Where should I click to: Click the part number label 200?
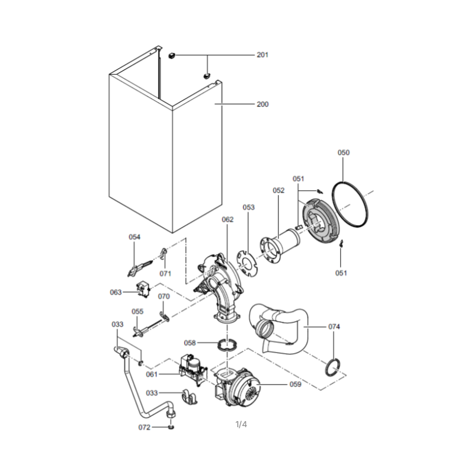(262, 104)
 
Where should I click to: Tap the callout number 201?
(262, 55)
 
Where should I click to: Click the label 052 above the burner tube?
(278, 190)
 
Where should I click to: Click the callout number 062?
(228, 219)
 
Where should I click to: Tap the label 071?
(165, 274)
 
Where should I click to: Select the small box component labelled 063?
(143, 289)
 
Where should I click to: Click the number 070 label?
(164, 297)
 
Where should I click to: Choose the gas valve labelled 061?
(194, 370)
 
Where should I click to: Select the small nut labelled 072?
(171, 427)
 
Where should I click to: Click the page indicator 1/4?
(241, 425)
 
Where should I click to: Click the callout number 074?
(334, 327)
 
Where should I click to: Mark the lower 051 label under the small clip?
(341, 273)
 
